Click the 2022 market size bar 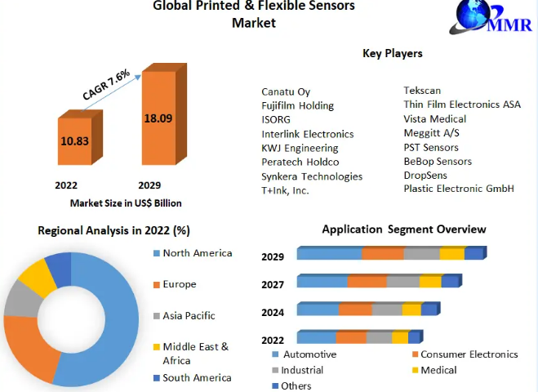point(74,140)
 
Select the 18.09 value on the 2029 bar point(158,118)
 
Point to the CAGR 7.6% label point(106,85)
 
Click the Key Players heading point(392,53)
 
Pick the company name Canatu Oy point(286,91)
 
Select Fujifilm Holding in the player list point(297,105)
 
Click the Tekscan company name point(423,91)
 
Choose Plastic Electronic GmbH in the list point(459,189)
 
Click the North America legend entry point(197,253)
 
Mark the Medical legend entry point(438,370)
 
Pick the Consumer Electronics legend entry point(469,354)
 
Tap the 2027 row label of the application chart point(273,285)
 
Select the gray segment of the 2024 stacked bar point(387,310)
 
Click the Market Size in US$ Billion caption point(126,203)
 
